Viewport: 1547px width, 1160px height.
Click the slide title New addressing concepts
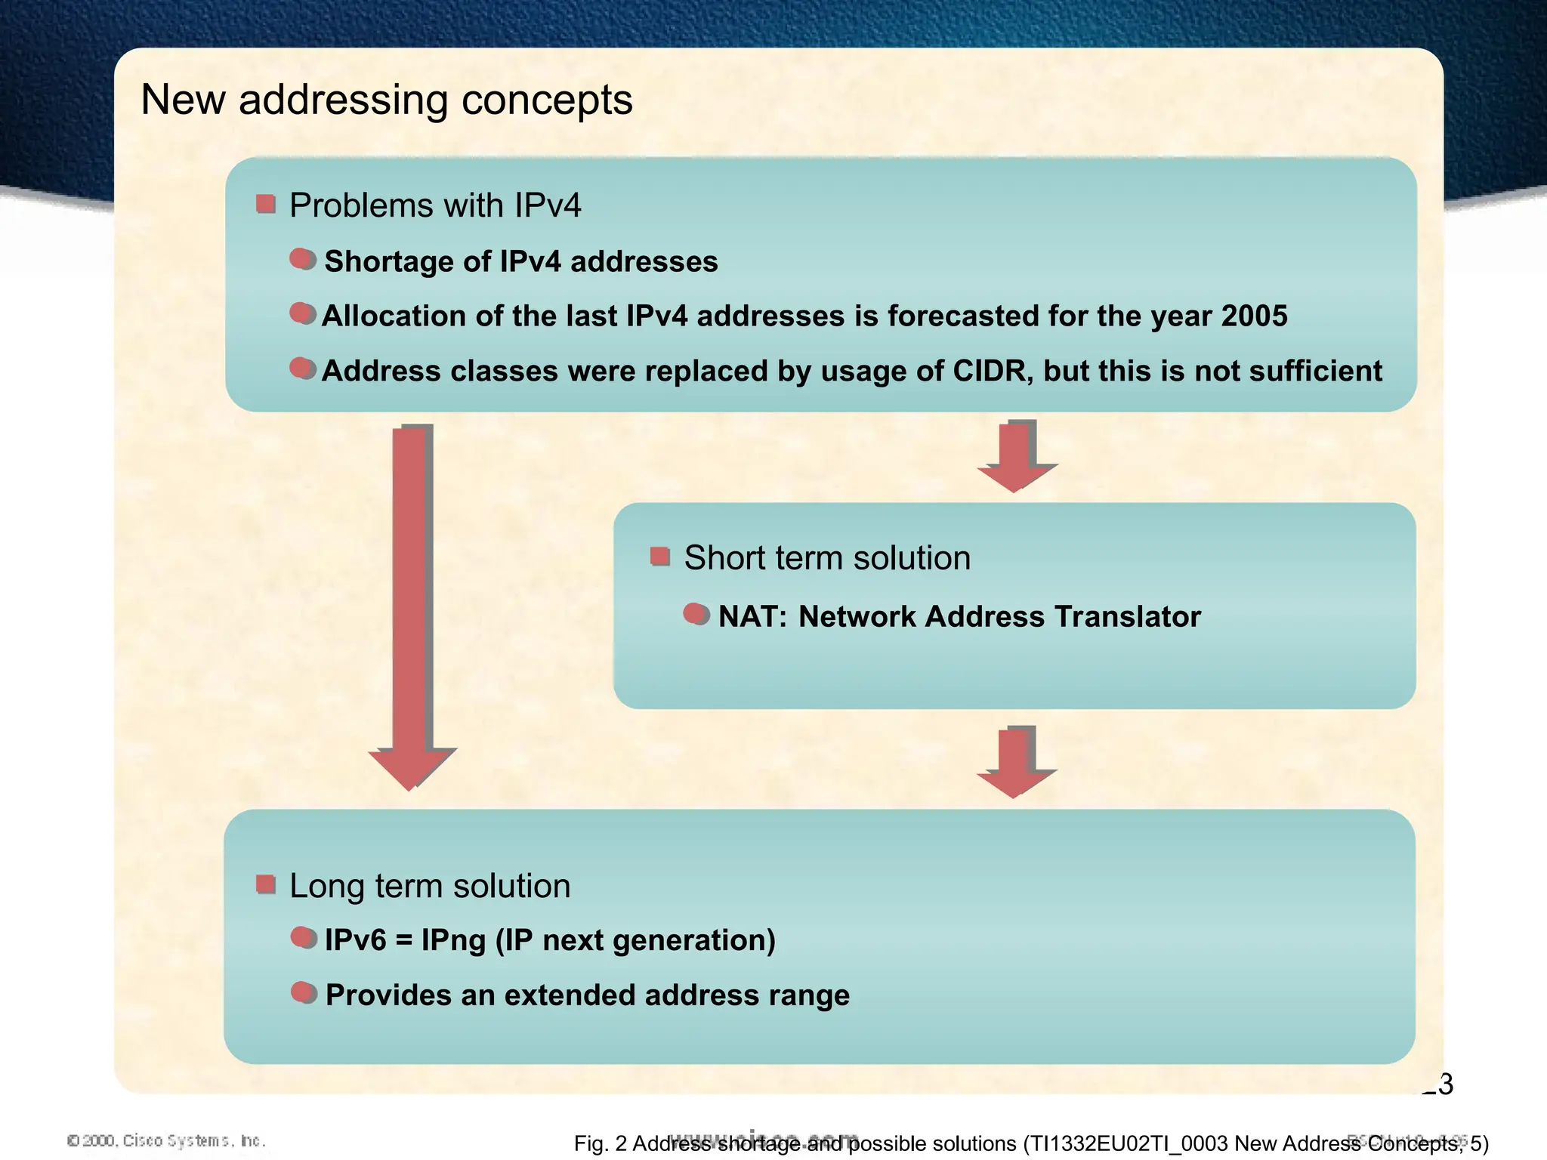386,100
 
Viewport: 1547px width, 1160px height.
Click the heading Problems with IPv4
435,205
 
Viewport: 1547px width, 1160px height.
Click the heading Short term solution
826,558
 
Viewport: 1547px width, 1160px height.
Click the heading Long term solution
429,886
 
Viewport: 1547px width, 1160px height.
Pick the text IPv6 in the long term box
355,940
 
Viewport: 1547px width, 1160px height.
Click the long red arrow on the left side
412,604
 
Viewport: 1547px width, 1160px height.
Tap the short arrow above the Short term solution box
1016,455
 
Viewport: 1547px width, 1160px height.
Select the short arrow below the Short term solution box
1016,761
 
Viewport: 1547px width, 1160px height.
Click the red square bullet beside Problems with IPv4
265,204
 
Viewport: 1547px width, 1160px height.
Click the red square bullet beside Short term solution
659,557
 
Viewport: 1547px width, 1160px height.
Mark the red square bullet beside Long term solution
265,884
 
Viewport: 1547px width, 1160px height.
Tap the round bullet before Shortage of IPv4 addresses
302,259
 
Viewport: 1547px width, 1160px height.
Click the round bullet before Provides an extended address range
303,992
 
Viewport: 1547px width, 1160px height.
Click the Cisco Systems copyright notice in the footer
166,1140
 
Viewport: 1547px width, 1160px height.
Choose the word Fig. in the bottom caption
590,1144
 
